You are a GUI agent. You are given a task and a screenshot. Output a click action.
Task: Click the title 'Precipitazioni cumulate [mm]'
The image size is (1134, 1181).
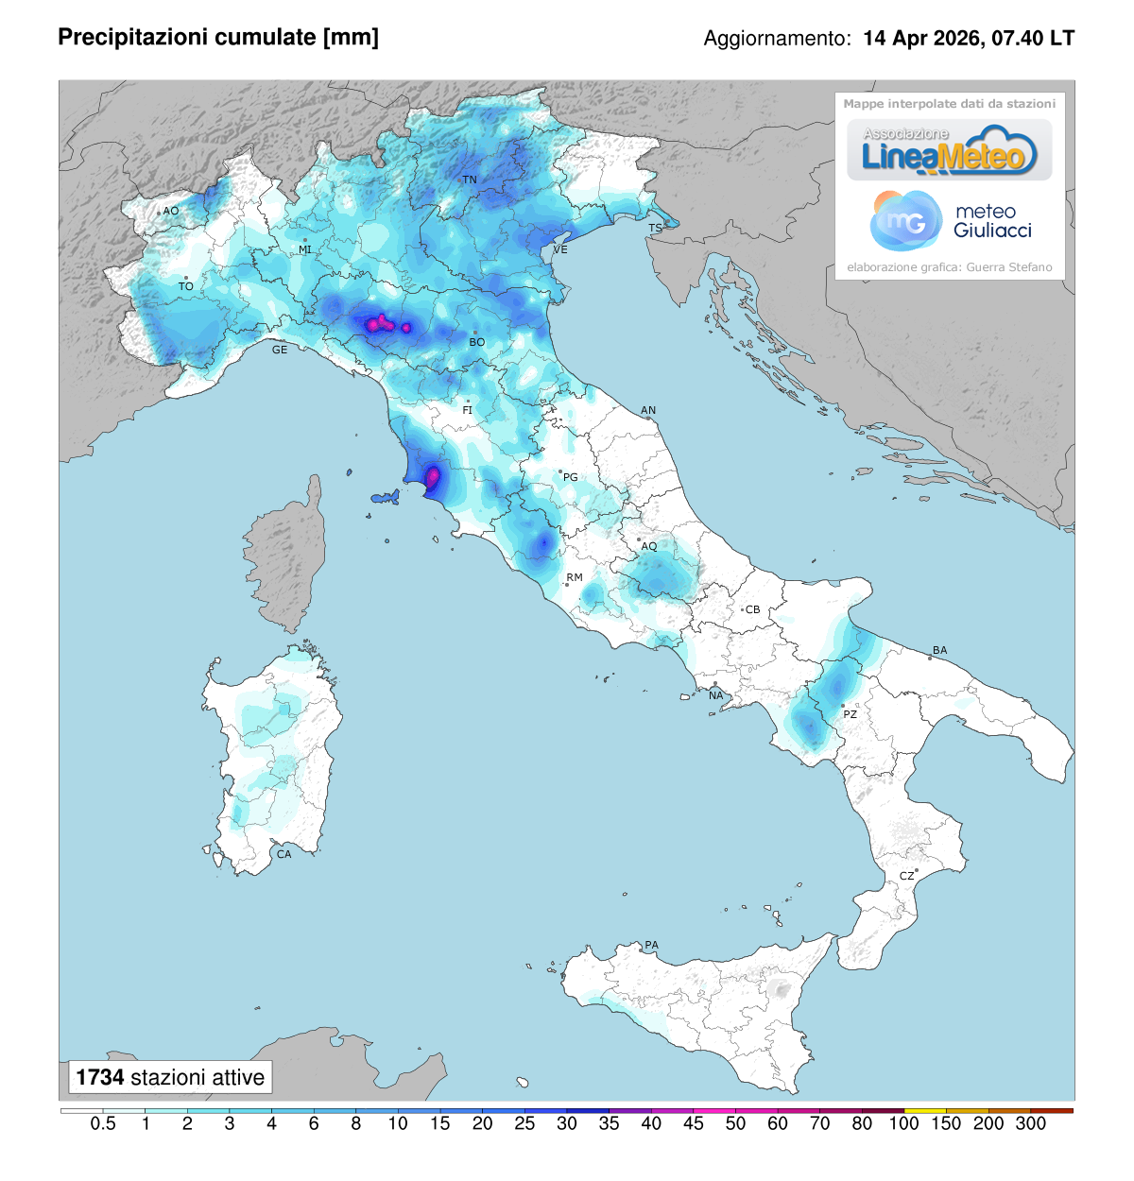pos(218,37)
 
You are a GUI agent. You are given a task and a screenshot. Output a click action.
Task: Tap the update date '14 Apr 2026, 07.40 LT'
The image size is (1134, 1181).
pos(969,38)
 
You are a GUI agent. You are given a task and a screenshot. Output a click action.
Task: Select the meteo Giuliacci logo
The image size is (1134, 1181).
pos(950,221)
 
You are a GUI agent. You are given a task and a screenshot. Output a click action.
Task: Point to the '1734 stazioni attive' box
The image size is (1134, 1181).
pos(170,1077)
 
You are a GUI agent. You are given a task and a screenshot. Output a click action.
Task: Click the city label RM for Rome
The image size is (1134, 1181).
pos(575,577)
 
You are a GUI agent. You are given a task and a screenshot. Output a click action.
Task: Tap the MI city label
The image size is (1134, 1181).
pos(305,249)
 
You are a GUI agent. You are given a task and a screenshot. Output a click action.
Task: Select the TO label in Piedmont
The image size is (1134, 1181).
pos(186,286)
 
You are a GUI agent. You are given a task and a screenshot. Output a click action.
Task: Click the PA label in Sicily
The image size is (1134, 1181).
pos(651,945)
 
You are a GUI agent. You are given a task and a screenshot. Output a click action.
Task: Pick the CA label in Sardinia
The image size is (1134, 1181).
pos(283,854)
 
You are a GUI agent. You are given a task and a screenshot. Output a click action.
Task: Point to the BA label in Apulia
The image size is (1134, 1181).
pos(939,650)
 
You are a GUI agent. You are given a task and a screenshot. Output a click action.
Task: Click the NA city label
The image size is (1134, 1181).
pos(716,695)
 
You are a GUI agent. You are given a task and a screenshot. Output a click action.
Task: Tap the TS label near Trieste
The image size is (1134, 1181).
pos(655,229)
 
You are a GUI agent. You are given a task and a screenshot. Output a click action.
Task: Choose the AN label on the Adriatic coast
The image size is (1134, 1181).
pos(648,410)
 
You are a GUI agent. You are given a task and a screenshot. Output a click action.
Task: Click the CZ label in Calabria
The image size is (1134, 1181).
pos(906,876)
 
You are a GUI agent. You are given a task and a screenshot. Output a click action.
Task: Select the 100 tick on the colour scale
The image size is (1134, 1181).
pos(903,1123)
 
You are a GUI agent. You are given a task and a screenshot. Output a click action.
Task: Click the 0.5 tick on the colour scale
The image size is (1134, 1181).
pos(103,1123)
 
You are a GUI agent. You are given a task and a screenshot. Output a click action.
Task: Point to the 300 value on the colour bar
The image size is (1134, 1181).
pos(1030,1123)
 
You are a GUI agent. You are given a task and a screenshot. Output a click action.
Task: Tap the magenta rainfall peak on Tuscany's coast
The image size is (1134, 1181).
pos(433,477)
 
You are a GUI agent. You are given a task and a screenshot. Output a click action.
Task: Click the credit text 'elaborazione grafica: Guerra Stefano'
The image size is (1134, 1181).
pos(949,267)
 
